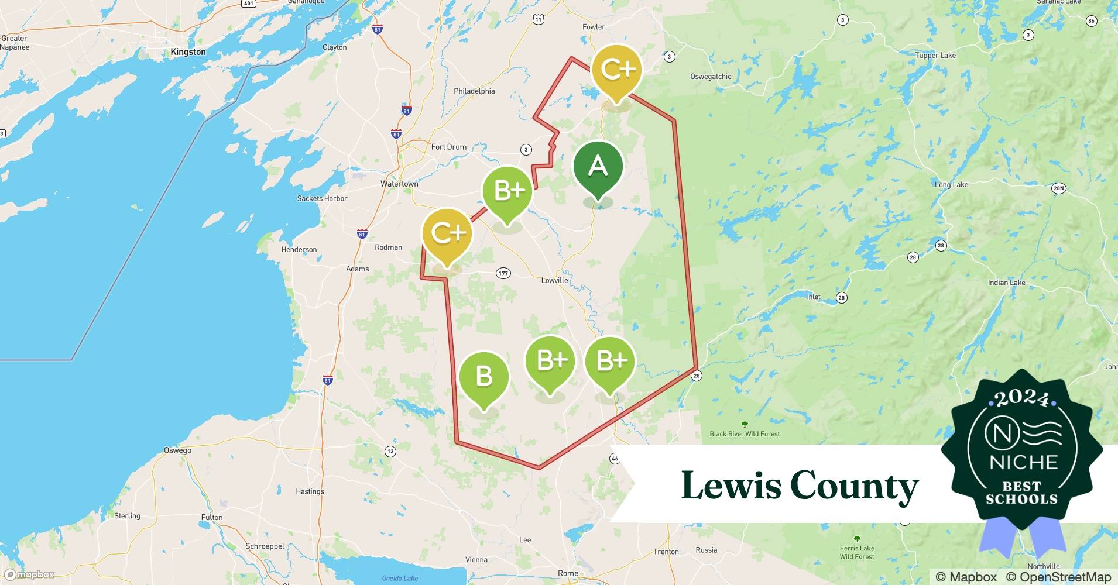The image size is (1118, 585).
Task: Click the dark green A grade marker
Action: pyautogui.click(x=598, y=168)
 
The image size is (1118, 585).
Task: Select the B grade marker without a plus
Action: pyautogui.click(x=484, y=377)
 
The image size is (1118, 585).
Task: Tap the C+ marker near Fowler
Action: pyautogui.click(x=617, y=71)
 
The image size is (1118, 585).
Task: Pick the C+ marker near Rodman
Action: pyautogui.click(x=448, y=234)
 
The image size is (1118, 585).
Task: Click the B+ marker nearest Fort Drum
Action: pyautogui.click(x=507, y=192)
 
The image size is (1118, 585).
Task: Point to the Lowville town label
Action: pyautogui.click(x=554, y=280)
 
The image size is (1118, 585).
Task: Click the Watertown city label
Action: pyautogui.click(x=399, y=184)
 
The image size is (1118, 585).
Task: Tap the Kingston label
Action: pyautogui.click(x=188, y=52)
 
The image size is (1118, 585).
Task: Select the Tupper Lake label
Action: pyautogui.click(x=935, y=56)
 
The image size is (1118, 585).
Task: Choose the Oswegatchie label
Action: pyautogui.click(x=711, y=77)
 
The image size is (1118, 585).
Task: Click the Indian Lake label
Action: pyautogui.click(x=1006, y=283)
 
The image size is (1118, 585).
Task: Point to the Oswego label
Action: pyautogui.click(x=177, y=450)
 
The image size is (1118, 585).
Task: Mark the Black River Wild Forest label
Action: pyautogui.click(x=745, y=433)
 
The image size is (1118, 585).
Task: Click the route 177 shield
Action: pyautogui.click(x=503, y=273)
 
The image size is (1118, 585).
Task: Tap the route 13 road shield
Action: pyautogui.click(x=390, y=451)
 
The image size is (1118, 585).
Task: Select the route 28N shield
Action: pyautogui.click(x=1058, y=188)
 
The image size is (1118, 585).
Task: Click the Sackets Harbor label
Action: pyautogui.click(x=322, y=199)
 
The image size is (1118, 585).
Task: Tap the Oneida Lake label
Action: pyautogui.click(x=400, y=578)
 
